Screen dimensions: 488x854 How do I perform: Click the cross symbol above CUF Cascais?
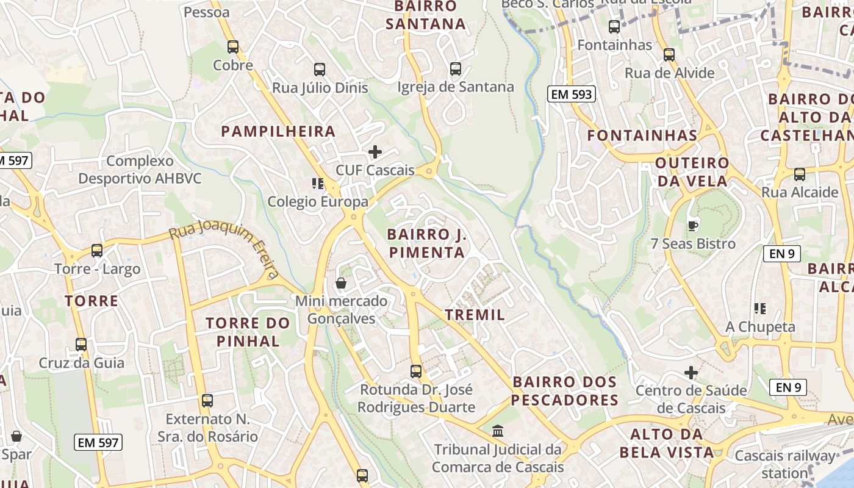pyautogui.click(x=375, y=152)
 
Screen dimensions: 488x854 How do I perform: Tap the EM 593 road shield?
pyautogui.click(x=571, y=94)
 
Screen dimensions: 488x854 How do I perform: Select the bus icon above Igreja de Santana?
pyautogui.click(x=455, y=68)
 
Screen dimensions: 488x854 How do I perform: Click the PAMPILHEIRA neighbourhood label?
pyautogui.click(x=278, y=131)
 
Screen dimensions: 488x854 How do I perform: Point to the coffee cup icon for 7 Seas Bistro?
pyautogui.click(x=692, y=226)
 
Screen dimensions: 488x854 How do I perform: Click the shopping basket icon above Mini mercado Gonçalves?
pyautogui.click(x=341, y=283)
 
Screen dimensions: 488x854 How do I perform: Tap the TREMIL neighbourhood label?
pyautogui.click(x=475, y=315)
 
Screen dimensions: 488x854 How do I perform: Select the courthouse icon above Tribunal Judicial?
pyautogui.click(x=498, y=431)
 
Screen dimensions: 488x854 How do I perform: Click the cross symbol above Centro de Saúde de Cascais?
pyautogui.click(x=691, y=372)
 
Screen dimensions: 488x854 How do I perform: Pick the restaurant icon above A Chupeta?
pyautogui.click(x=759, y=309)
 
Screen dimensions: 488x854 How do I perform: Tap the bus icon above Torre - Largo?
pyautogui.click(x=96, y=250)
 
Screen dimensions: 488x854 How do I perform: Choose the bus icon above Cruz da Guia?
pyautogui.click(x=81, y=344)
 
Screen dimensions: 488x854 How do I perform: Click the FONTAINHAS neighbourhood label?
pyautogui.click(x=642, y=135)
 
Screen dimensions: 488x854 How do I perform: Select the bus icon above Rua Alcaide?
pyautogui.click(x=799, y=174)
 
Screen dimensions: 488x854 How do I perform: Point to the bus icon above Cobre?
pyautogui.click(x=232, y=46)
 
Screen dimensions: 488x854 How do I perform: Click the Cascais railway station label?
pyautogui.click(x=784, y=464)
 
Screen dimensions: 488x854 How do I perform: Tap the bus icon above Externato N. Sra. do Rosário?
pyautogui.click(x=207, y=401)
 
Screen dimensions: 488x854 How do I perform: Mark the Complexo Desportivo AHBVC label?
pyautogui.click(x=140, y=170)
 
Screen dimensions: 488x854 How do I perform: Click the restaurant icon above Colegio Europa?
pyautogui.click(x=317, y=183)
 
